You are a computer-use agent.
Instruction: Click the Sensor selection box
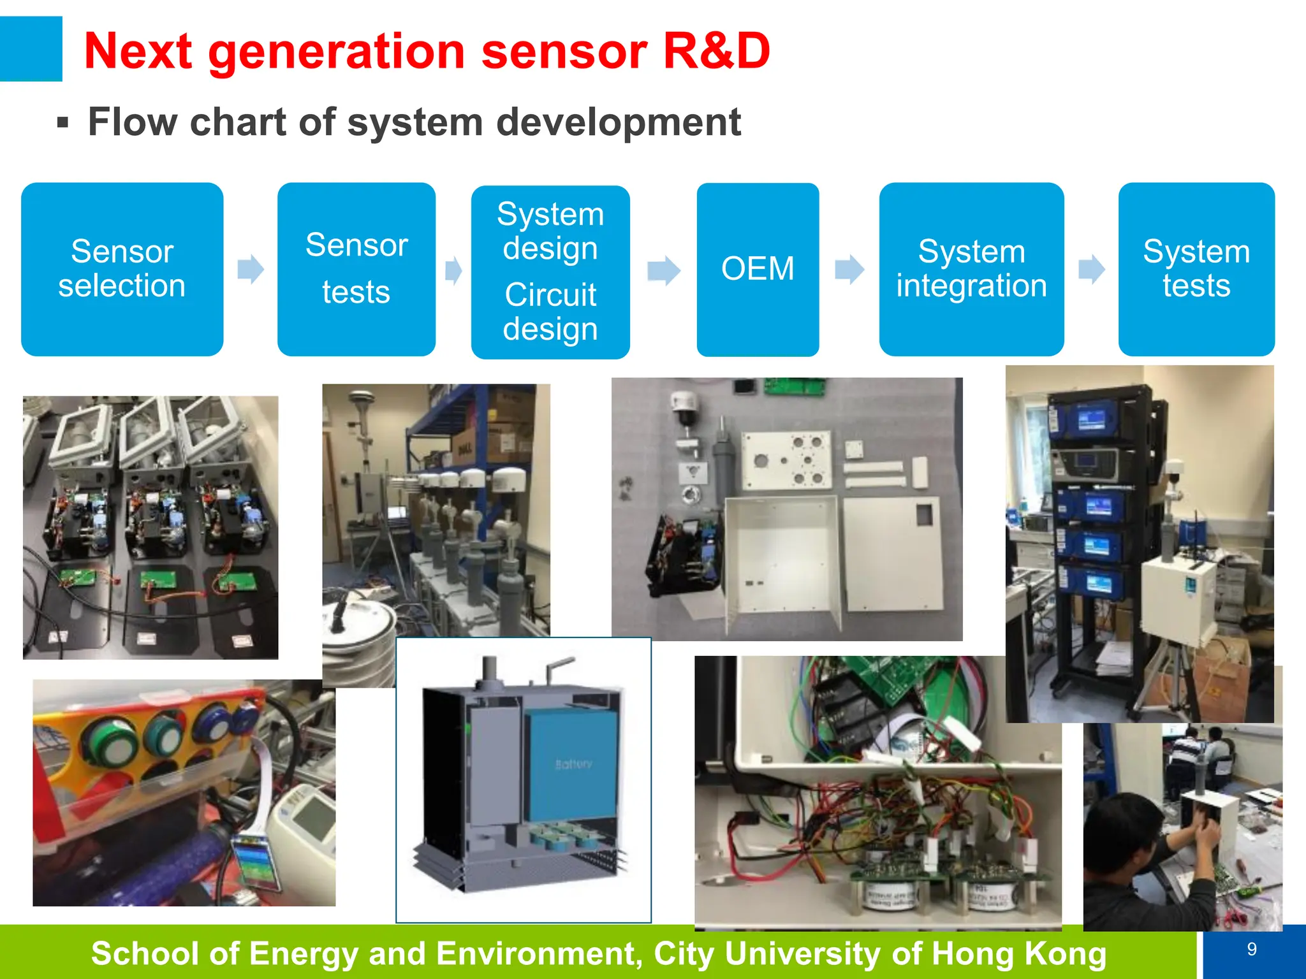coord(122,269)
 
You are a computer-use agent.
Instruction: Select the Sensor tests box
coord(356,269)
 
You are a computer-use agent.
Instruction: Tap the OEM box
coord(758,269)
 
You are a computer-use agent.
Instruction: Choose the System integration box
coord(971,269)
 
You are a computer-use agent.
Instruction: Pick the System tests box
coord(1196,269)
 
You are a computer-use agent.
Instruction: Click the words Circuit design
coord(550,312)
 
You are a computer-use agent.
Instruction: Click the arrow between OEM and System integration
coord(849,269)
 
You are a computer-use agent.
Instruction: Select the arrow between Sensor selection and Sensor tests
coord(251,269)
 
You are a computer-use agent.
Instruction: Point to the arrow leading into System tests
coord(1091,269)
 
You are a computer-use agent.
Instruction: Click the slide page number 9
coord(1252,949)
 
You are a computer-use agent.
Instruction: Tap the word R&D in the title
coord(716,51)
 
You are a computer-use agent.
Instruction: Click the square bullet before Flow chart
coord(62,122)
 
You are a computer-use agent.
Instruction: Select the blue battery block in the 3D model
coord(571,765)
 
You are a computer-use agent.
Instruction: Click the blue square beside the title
coord(30,49)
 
